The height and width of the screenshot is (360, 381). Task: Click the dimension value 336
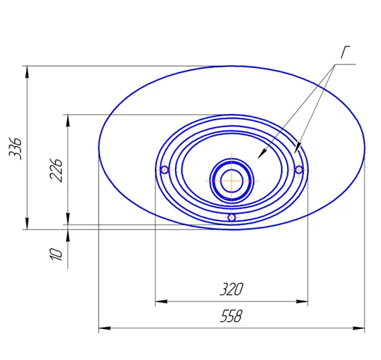coord(15,148)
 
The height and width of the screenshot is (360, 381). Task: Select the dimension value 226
coord(56,170)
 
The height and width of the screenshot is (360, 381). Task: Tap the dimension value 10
coord(56,254)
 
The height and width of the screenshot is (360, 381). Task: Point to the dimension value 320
coord(231,289)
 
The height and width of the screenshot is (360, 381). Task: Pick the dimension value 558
coord(231,316)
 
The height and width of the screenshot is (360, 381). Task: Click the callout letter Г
coord(345,52)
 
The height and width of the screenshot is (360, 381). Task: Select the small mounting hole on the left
coord(164,169)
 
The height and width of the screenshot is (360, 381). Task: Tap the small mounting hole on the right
coord(299,169)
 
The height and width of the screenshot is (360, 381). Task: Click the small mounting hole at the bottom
coord(232,217)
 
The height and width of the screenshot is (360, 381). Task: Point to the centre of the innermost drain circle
coord(231,181)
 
